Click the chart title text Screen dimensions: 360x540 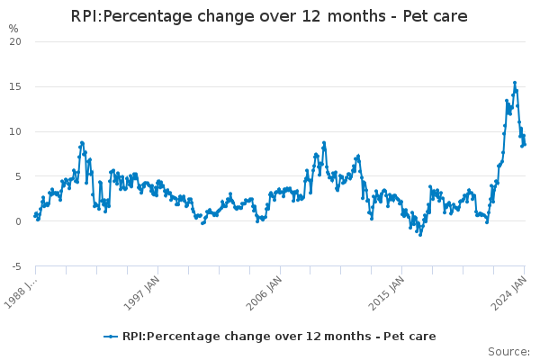(270, 17)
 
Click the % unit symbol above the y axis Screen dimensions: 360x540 (13, 29)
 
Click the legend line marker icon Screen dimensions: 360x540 (111, 337)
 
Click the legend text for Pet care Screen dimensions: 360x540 (279, 337)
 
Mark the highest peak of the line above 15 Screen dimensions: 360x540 (515, 83)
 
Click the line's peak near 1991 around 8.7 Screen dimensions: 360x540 (82, 143)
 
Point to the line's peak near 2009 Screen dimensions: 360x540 (324, 143)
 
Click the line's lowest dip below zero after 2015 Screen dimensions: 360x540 (419, 234)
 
